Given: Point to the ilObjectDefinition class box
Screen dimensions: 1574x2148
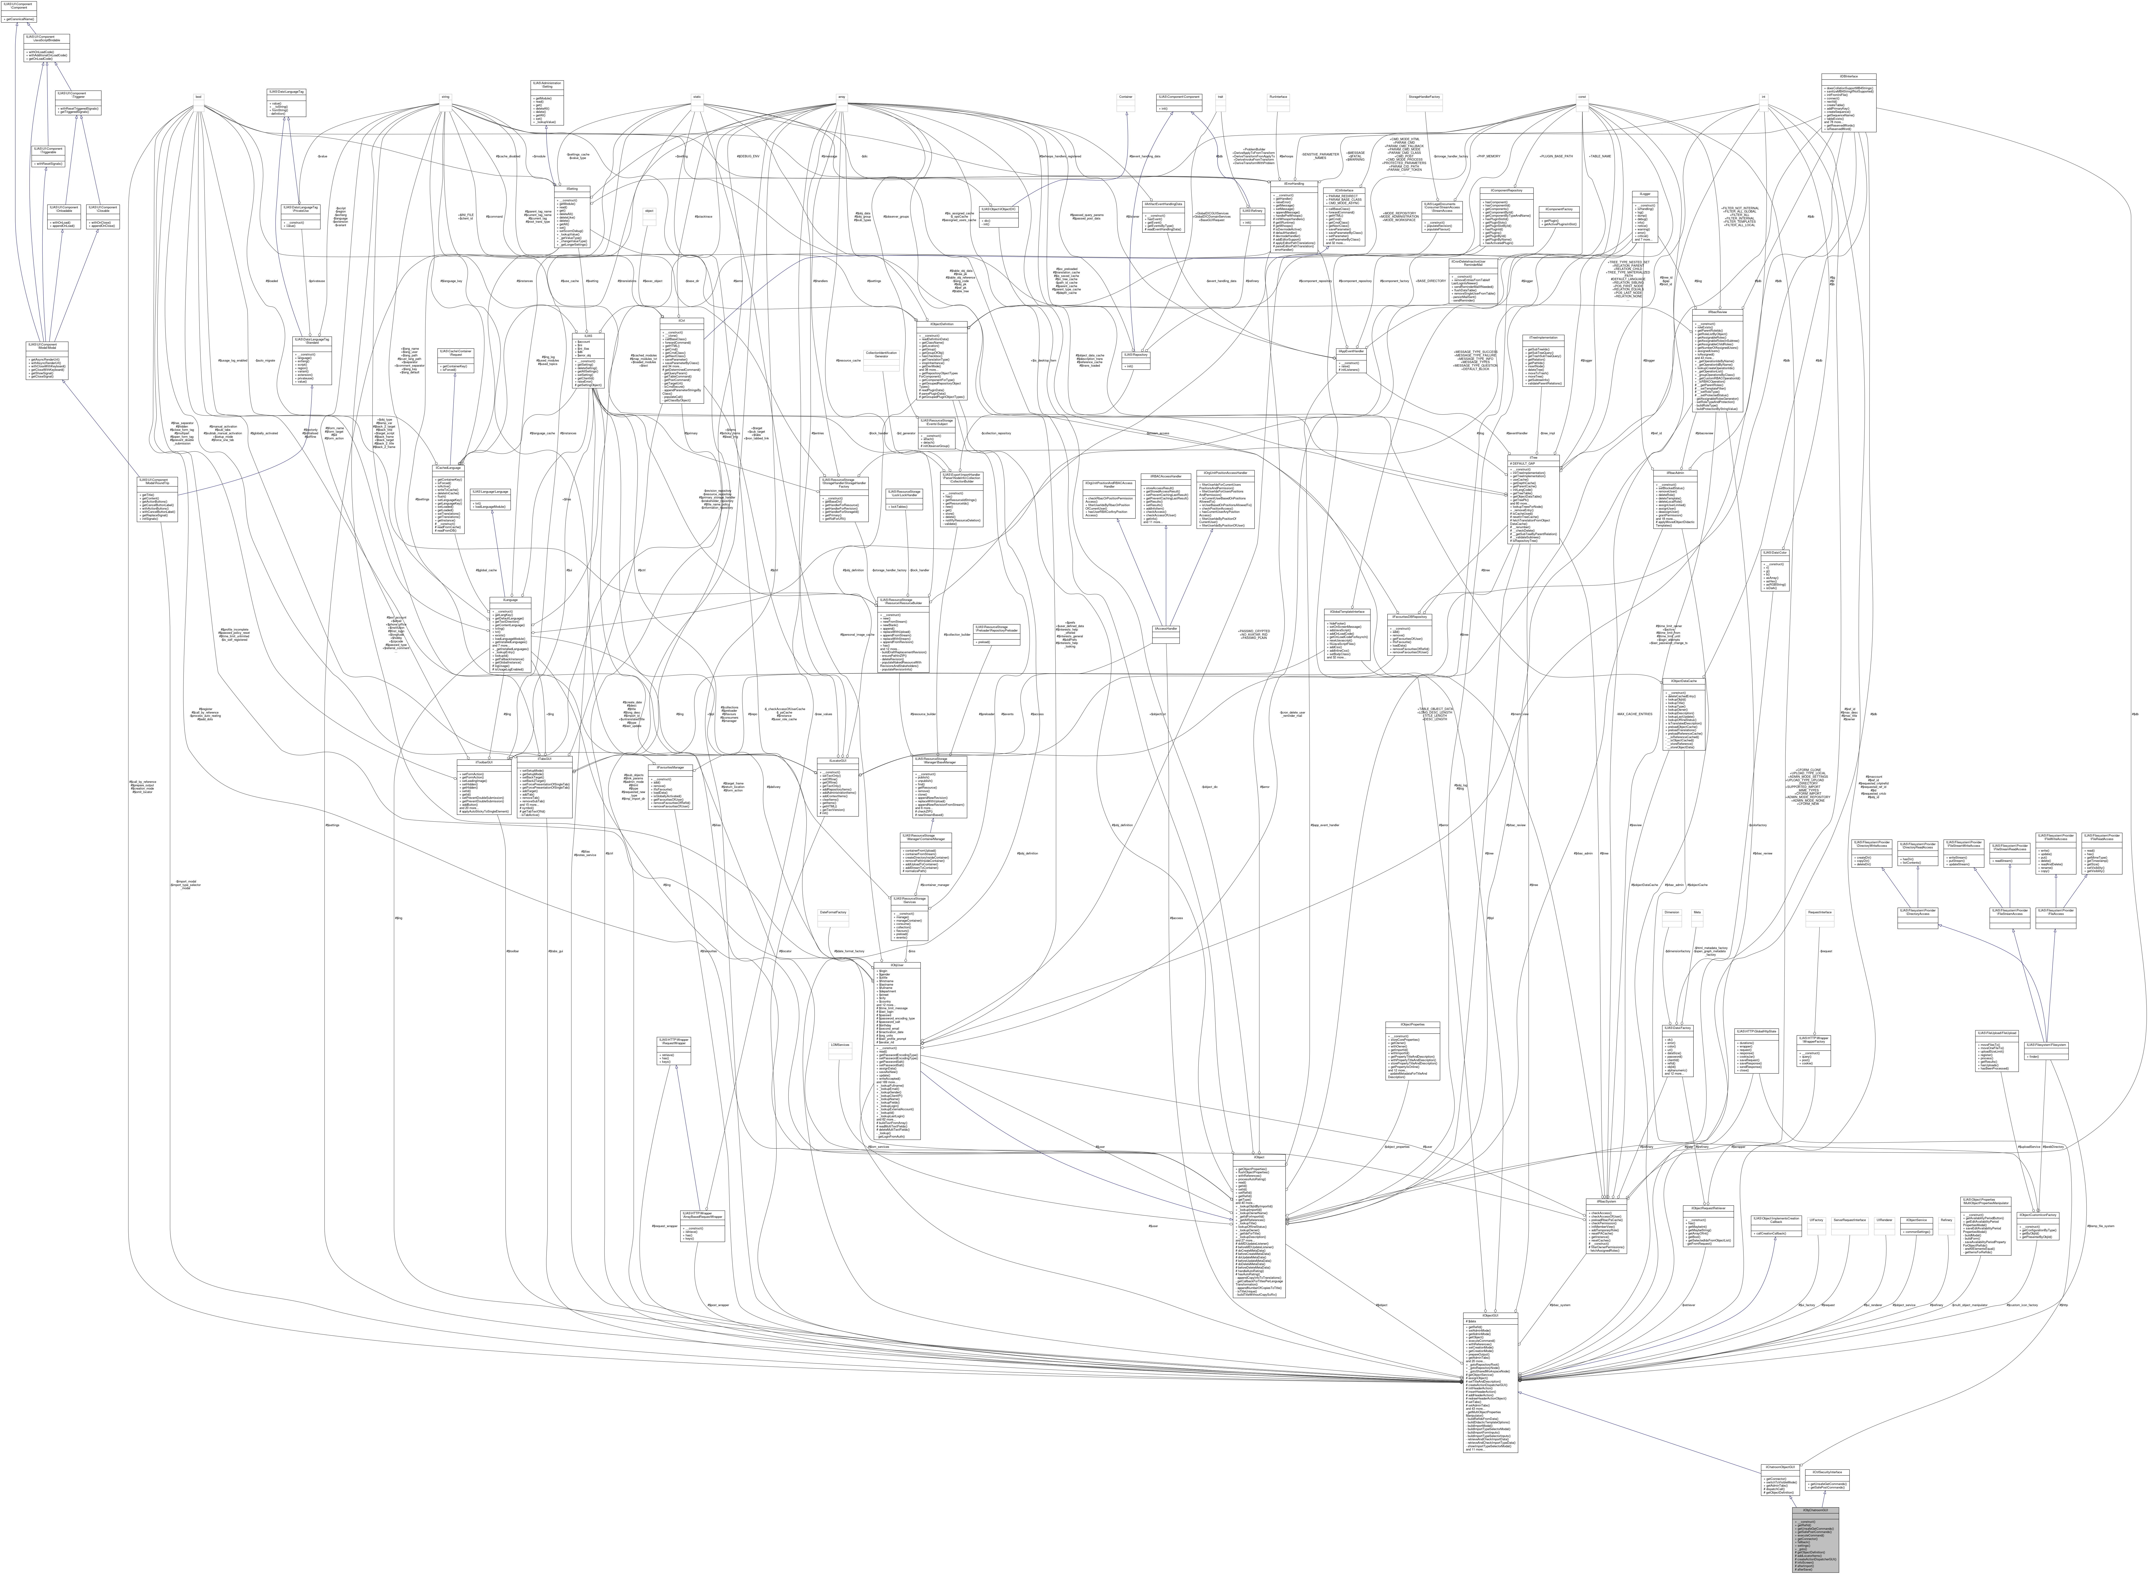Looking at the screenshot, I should pos(941,362).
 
